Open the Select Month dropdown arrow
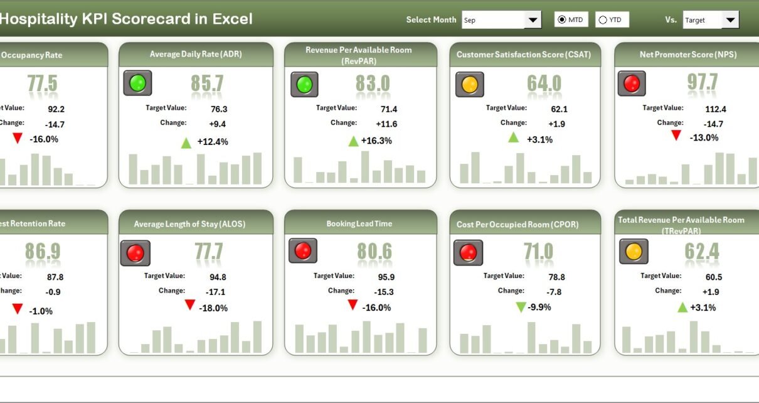click(x=533, y=20)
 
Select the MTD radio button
click(x=561, y=20)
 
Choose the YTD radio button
click(x=603, y=20)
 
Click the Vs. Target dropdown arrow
click(x=731, y=20)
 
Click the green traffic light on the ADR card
click(x=137, y=83)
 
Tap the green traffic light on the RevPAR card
click(x=304, y=84)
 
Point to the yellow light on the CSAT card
click(x=469, y=83)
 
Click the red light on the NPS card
click(x=632, y=83)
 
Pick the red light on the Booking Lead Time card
click(x=302, y=251)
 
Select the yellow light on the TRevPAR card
click(x=634, y=252)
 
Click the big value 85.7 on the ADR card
click(x=208, y=83)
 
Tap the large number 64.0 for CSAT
click(x=543, y=83)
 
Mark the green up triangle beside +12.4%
click(x=186, y=142)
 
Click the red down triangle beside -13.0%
click(x=676, y=135)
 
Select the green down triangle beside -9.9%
click(x=521, y=307)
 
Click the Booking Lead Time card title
click(x=359, y=223)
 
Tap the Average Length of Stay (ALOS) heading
click(x=189, y=224)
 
